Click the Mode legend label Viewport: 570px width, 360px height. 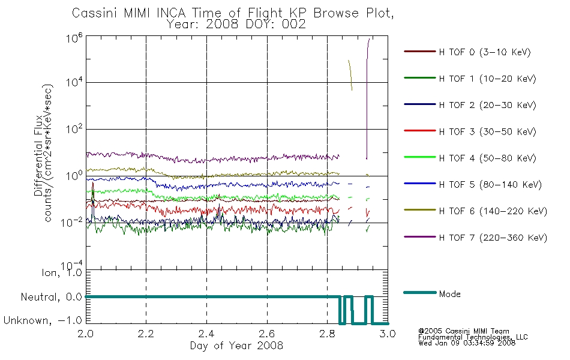[449, 294]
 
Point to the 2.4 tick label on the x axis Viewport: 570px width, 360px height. [206, 334]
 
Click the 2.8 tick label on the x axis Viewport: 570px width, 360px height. [327, 334]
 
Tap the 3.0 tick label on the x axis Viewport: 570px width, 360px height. [388, 334]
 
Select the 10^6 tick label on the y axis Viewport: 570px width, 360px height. [74, 38]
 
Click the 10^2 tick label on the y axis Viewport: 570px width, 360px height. [74, 129]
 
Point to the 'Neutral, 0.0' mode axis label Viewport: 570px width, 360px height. [51, 297]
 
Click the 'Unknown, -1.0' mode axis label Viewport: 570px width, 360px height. [43, 320]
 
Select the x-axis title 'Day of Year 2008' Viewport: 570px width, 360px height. [236, 346]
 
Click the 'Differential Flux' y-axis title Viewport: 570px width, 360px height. [38, 155]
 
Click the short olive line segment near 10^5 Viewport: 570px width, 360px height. [350, 75]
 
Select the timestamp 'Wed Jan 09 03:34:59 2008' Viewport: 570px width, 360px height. [467, 343]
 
